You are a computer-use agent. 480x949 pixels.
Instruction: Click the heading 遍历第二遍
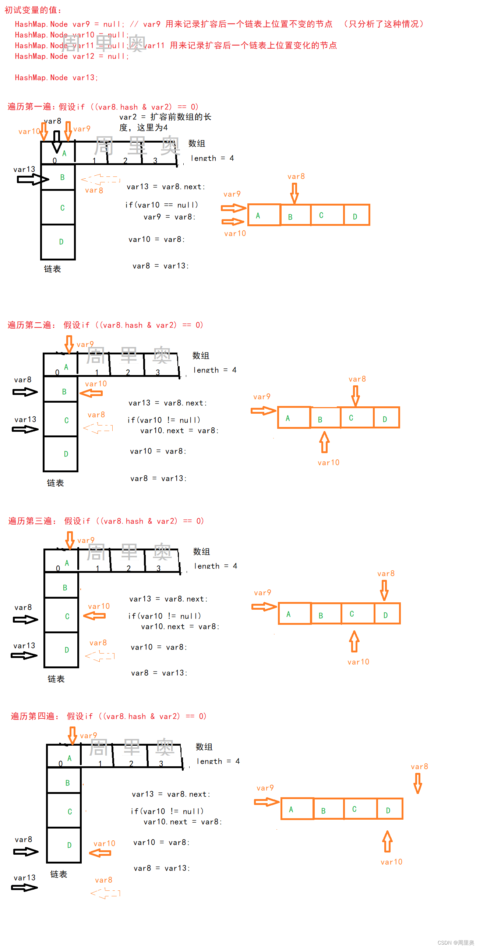point(31,325)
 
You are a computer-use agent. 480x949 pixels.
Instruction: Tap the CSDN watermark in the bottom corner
point(456,942)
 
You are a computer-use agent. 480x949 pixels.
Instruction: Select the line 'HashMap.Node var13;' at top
point(56,78)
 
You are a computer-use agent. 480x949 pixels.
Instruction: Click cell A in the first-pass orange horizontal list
point(264,215)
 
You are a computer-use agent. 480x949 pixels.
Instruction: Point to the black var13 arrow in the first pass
point(32,179)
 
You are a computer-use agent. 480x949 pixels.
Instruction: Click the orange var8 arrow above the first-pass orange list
point(294,193)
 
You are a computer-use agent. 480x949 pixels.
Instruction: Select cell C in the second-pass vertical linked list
point(61,420)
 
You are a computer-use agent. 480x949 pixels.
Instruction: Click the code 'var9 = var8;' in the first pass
point(169,217)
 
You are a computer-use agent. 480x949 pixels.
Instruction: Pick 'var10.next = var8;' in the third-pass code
point(180,627)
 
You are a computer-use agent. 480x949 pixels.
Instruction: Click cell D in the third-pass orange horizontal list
point(387,614)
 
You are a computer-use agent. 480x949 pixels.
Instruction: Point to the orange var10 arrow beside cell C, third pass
point(95,616)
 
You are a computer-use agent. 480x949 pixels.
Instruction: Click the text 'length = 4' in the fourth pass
point(218,761)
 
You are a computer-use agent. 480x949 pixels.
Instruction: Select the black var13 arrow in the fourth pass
point(25,887)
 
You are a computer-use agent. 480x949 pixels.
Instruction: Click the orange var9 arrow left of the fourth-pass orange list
point(266,802)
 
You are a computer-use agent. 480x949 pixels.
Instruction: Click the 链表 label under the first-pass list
point(52,269)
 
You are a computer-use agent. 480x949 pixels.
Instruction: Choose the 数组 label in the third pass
point(201,551)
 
